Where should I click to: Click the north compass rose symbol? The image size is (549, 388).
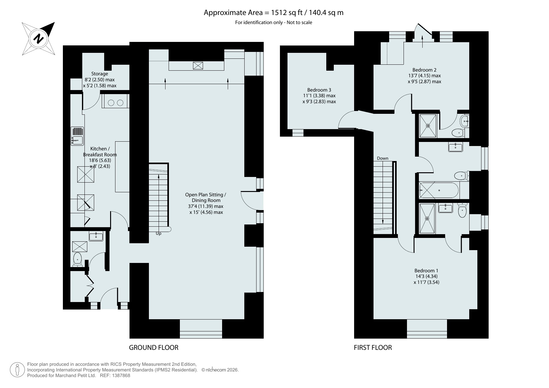click(38, 39)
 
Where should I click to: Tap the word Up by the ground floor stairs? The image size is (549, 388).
click(159, 234)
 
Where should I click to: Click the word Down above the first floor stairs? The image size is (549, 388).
click(383, 158)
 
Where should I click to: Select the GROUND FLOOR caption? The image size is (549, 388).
click(154, 347)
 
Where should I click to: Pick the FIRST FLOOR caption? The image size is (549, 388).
click(373, 347)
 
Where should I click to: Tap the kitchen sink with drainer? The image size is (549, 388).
click(77, 136)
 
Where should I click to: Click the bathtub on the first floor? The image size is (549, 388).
click(439, 190)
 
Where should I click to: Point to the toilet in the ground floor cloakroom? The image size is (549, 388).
click(77, 260)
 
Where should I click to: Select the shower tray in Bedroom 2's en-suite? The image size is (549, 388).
click(428, 126)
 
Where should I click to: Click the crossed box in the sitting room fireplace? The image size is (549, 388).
click(198, 66)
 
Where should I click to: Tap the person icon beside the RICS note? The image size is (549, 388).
click(18, 370)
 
